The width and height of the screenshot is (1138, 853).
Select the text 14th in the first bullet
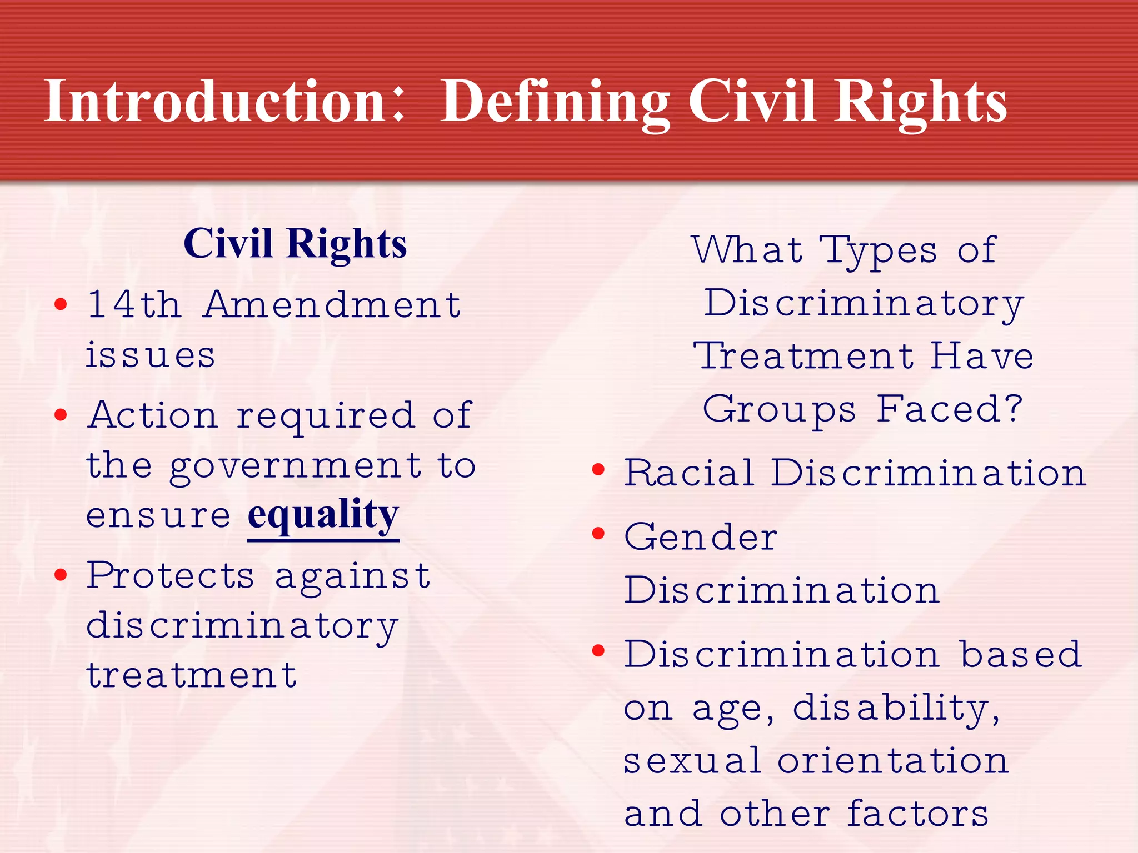[134, 304]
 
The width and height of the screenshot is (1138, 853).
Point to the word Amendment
[332, 304]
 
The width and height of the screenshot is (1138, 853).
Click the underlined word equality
[323, 515]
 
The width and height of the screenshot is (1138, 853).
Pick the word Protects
[171, 575]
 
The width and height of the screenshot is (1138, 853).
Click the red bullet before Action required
[61, 414]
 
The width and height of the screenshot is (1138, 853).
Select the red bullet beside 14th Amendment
[61, 304]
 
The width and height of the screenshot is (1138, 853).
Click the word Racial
[688, 473]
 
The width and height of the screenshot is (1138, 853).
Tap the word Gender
[701, 538]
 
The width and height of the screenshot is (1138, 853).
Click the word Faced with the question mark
[950, 409]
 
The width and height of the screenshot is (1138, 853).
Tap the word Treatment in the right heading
[804, 356]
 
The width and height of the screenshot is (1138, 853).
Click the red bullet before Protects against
[61, 575]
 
